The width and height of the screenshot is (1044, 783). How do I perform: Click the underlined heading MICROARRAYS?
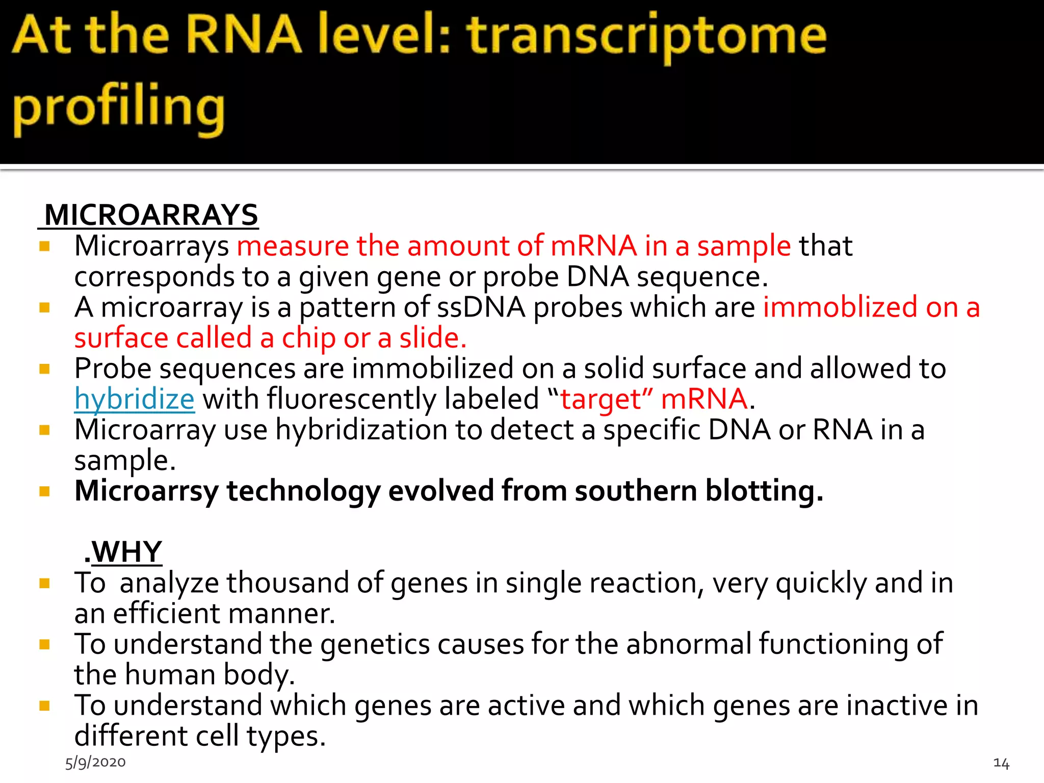(x=151, y=215)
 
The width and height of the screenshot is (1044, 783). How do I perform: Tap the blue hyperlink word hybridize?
(x=135, y=399)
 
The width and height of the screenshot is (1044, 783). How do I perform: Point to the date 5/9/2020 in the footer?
(x=95, y=762)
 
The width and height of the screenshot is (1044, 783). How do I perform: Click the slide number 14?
(x=1001, y=763)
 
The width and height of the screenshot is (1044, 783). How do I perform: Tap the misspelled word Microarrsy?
(x=146, y=491)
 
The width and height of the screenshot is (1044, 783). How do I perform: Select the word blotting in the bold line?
(x=764, y=491)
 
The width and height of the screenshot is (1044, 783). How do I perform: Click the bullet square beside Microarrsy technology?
(x=45, y=491)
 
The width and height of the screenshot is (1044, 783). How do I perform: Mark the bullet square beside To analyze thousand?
(x=45, y=583)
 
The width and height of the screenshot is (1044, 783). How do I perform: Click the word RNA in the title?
(x=244, y=36)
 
